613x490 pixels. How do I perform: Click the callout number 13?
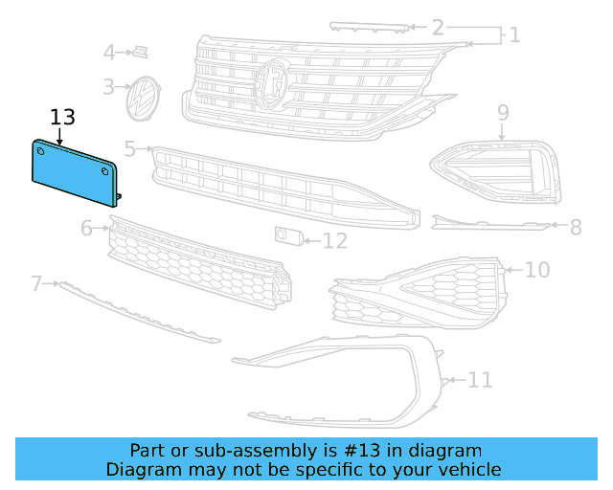(62, 117)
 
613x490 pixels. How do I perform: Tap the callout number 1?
(514, 35)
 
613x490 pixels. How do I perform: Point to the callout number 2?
(438, 27)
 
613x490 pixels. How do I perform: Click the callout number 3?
(109, 86)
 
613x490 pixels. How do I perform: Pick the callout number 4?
(109, 52)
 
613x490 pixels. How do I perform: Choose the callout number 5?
(130, 149)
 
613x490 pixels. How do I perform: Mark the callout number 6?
(86, 228)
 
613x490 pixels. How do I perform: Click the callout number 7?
(36, 283)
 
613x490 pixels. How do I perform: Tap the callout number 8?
(576, 227)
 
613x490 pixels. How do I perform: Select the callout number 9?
(503, 113)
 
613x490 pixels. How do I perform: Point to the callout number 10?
(537, 270)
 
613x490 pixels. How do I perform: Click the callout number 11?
(480, 380)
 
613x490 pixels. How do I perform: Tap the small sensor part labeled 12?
(286, 235)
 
